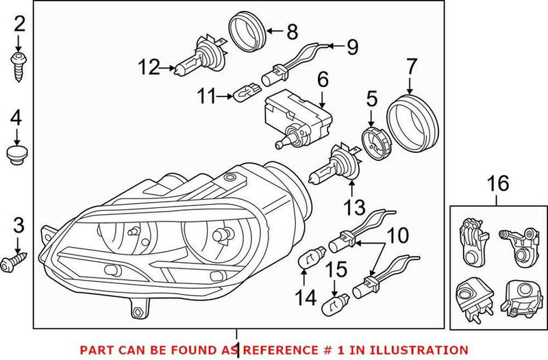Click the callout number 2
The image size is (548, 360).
(18, 25)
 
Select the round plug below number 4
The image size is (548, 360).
(18, 155)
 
